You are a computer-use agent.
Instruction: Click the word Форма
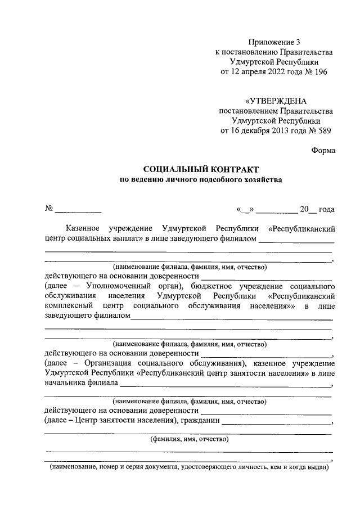(323, 150)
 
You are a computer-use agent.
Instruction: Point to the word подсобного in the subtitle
(218, 180)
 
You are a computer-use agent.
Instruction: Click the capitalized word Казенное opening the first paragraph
(83, 229)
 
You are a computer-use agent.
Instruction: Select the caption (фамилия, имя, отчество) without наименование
(188, 439)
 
